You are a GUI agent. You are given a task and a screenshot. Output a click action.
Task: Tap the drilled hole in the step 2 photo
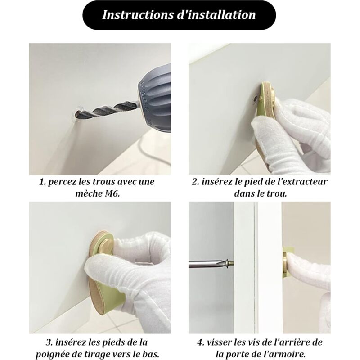point(255,99)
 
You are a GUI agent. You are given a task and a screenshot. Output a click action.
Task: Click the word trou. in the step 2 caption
point(277,194)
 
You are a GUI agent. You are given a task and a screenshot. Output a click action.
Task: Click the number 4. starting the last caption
point(201,342)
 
